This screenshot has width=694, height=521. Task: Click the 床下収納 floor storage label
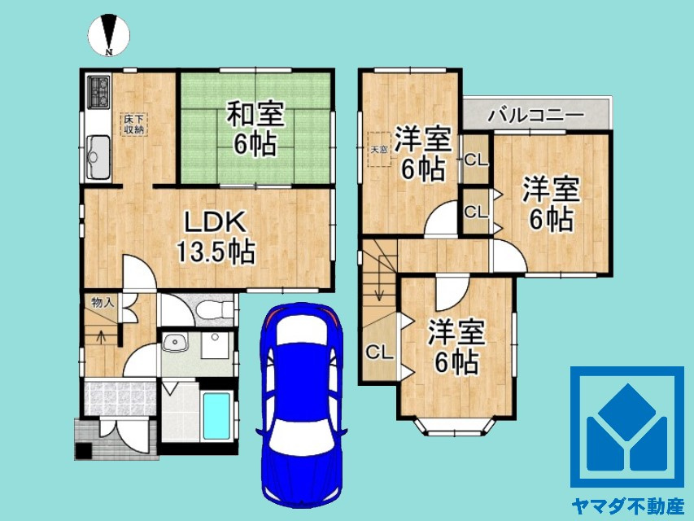coord(134,124)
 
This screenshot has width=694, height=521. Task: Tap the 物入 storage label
coord(102,302)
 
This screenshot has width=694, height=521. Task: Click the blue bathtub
coord(216,417)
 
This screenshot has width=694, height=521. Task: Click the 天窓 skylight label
coord(379,150)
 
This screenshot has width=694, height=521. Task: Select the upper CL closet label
coord(476,160)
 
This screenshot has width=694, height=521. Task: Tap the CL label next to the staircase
coord(379,352)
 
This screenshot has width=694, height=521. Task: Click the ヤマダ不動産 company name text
coord(626,505)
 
